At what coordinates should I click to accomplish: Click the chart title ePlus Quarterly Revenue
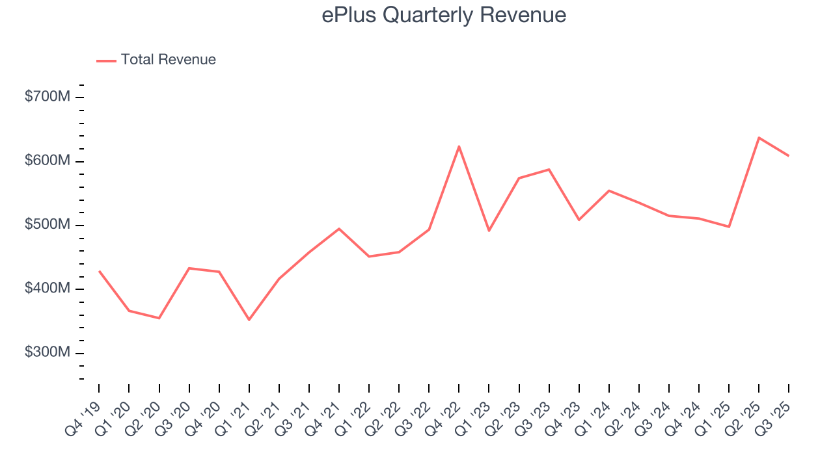coord(444,16)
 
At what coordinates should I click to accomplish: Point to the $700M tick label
coord(48,97)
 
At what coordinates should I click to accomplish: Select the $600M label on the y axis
coord(48,161)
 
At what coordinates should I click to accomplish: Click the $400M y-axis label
coord(48,289)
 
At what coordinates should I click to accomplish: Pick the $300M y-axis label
coord(48,352)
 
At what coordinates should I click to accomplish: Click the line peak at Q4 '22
coord(459,146)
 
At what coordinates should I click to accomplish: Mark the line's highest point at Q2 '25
coord(759,138)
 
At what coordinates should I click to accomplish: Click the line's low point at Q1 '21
coord(249,319)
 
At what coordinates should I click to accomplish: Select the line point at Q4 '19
coord(99,271)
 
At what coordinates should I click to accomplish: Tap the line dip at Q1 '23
coord(489,231)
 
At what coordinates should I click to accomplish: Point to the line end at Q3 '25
coord(789,156)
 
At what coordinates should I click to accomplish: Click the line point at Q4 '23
coord(579,220)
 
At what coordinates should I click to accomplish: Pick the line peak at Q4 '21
coord(339,229)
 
